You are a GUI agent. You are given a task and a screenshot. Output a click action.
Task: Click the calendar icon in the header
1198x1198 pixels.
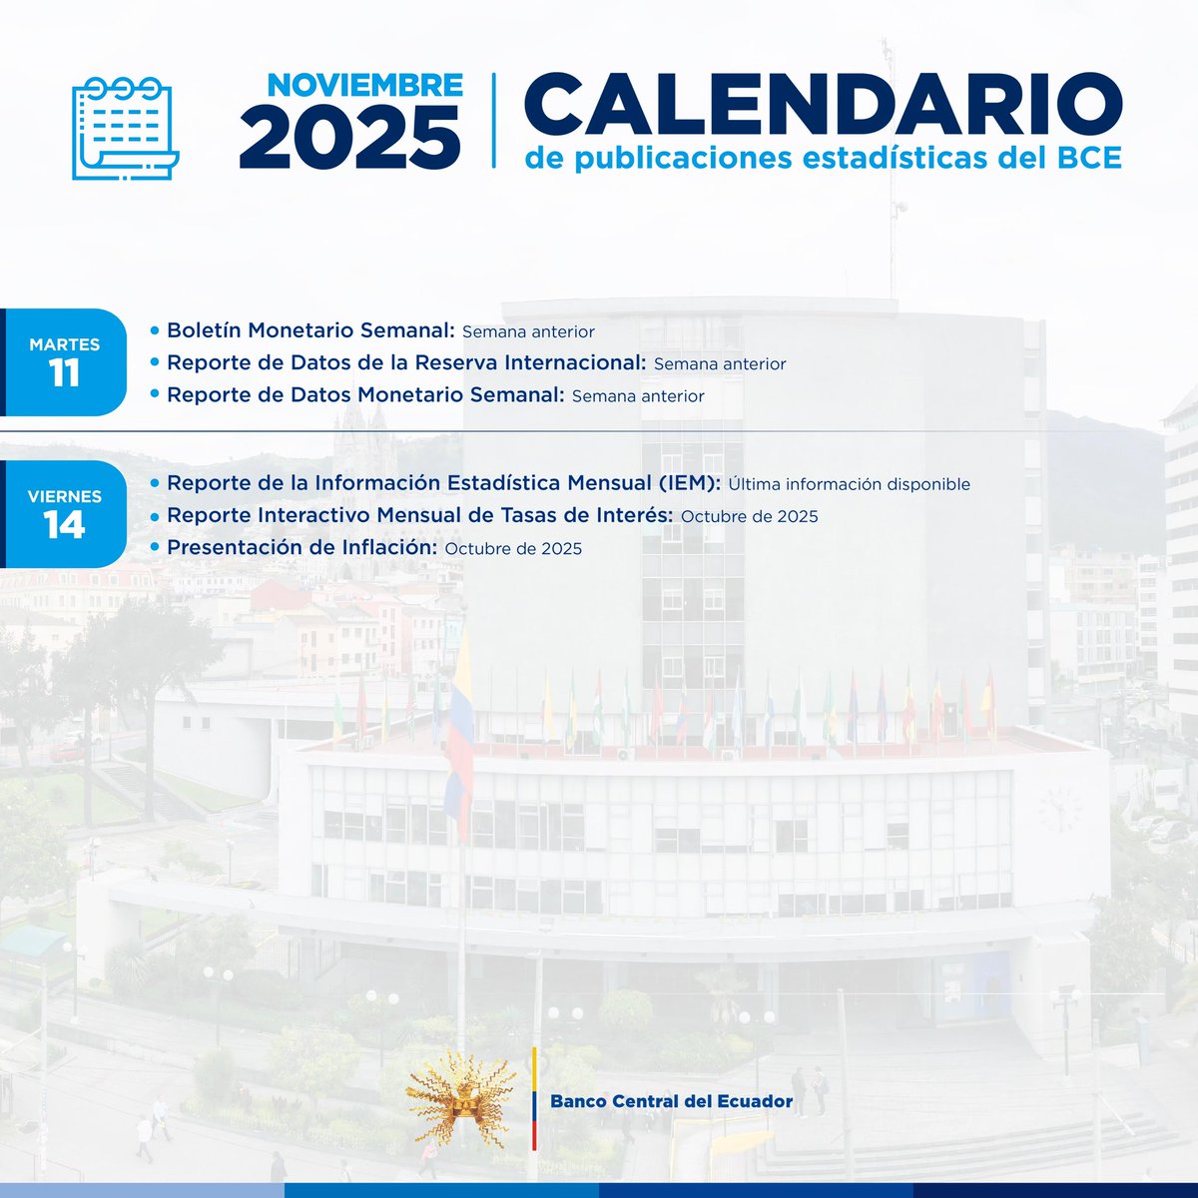point(125,128)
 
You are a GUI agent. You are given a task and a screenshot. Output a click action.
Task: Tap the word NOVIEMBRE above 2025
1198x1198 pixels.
point(364,85)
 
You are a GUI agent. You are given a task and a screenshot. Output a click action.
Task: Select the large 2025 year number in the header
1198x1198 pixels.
point(349,137)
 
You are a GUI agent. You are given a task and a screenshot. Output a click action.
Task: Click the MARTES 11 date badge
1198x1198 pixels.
point(65,361)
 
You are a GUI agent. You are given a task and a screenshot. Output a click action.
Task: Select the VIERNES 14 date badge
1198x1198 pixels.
point(65,514)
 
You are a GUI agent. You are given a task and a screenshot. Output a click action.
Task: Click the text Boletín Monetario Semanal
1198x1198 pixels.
point(310,330)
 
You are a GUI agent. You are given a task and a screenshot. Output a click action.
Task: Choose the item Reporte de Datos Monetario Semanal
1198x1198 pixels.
point(365,394)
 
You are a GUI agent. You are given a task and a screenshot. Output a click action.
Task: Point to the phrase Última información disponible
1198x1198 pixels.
point(849,484)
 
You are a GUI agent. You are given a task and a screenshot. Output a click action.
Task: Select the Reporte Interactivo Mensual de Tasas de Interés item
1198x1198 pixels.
point(420,515)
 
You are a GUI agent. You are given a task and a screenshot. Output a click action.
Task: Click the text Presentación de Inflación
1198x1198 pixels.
point(302,547)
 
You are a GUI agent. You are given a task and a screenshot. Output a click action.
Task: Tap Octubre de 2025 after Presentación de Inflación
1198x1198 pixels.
point(513,548)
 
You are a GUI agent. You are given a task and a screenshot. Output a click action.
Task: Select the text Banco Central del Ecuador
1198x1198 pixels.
point(671,1101)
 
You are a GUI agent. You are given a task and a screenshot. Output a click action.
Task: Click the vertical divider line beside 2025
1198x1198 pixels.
point(493,120)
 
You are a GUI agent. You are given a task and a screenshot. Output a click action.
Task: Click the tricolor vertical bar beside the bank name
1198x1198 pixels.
point(534,1098)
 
